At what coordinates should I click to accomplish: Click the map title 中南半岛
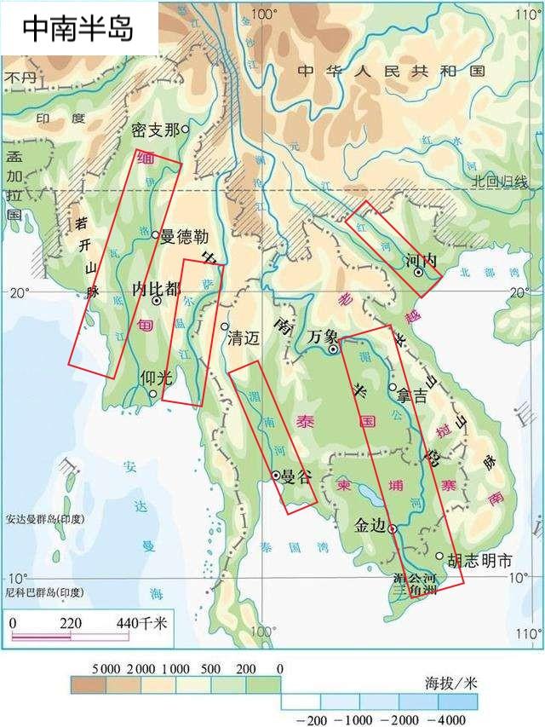[x=77, y=28]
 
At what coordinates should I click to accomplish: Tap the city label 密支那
[x=155, y=130]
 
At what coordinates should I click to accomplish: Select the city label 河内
[x=421, y=260]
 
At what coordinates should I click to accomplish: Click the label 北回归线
[x=501, y=182]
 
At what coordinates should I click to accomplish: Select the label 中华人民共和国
[x=391, y=71]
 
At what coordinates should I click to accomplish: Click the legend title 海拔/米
[x=448, y=684]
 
